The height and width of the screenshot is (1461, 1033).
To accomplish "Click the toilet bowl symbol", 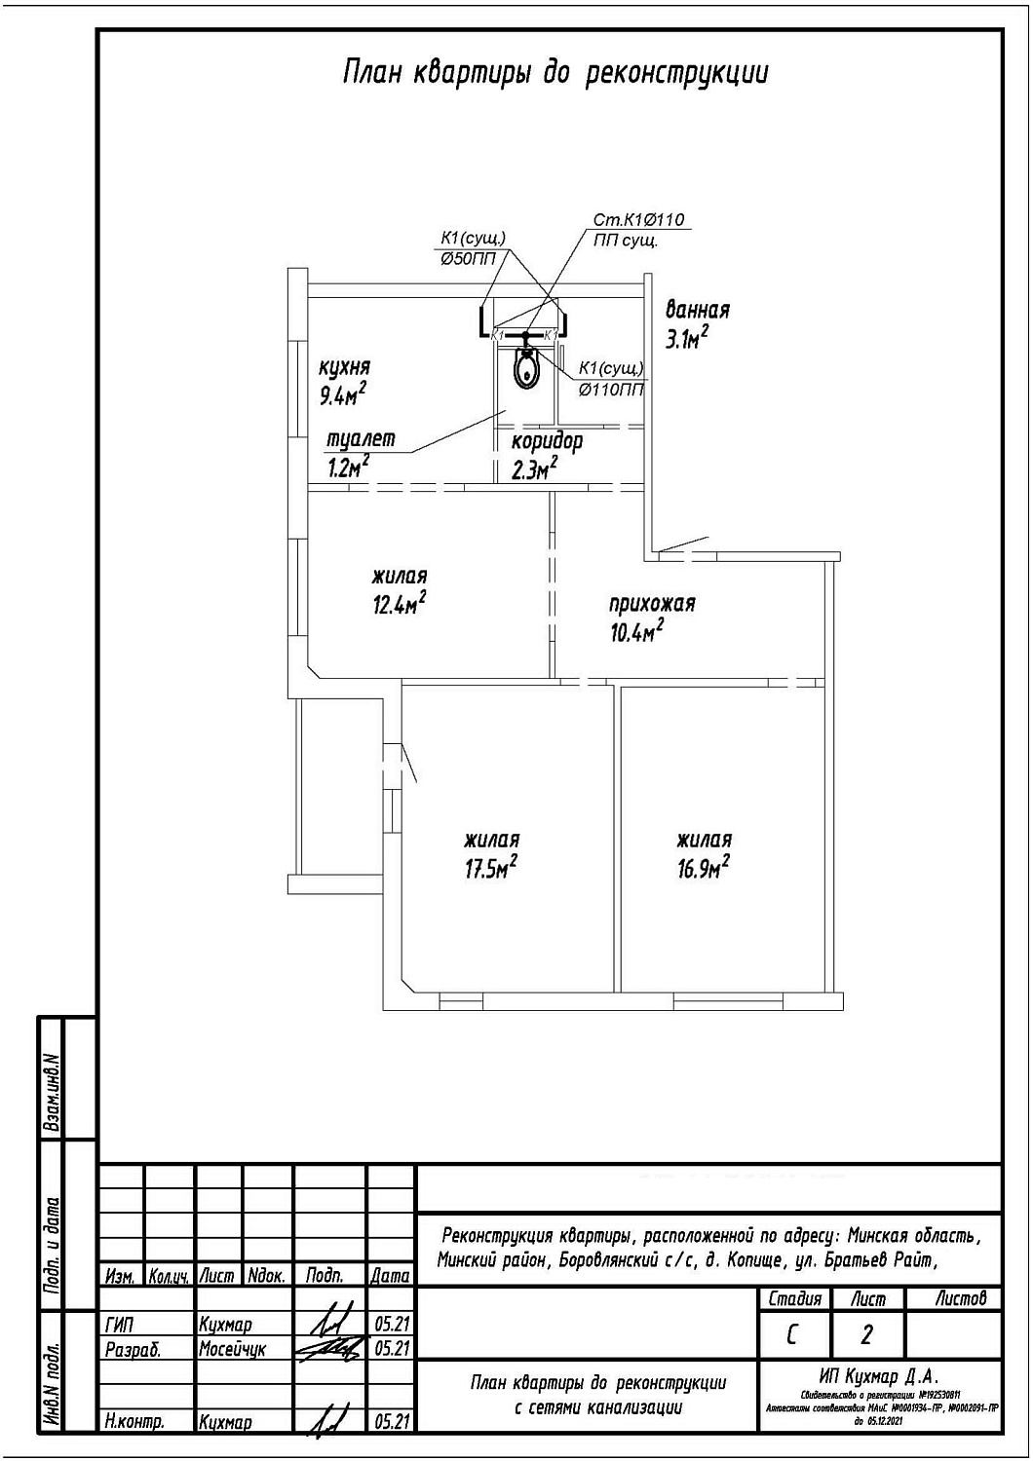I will pyautogui.click(x=526, y=369).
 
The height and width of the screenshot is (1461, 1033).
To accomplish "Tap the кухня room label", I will pyautogui.click(x=345, y=368).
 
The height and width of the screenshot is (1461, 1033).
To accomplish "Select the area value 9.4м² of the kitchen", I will pyautogui.click(x=343, y=394).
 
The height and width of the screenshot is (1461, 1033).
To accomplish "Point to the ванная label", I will pyautogui.click(x=697, y=311).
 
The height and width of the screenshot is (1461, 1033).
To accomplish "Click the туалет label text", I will pyautogui.click(x=361, y=439).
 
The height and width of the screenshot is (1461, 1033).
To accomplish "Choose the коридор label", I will pyautogui.click(x=547, y=441).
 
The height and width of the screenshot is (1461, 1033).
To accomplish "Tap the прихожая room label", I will pyautogui.click(x=652, y=603).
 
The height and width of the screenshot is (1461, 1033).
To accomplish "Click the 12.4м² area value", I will pyautogui.click(x=399, y=605).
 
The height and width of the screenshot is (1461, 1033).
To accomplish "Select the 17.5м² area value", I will pyautogui.click(x=490, y=868).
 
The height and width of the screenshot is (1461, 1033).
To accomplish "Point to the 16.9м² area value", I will pyautogui.click(x=704, y=868).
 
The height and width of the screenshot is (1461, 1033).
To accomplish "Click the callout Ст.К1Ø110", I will pyautogui.click(x=646, y=220).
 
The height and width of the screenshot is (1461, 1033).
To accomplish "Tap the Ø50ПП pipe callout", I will pyautogui.click(x=468, y=258).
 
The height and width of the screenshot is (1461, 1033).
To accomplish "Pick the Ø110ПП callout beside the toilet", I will pyautogui.click(x=611, y=390).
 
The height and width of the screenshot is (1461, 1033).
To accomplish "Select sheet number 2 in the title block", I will pyautogui.click(x=866, y=1333).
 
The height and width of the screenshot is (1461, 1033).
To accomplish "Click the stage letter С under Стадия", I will pyautogui.click(x=792, y=1333).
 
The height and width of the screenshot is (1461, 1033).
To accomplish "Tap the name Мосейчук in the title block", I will pyautogui.click(x=232, y=1349).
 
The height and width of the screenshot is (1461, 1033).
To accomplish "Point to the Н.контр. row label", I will pyautogui.click(x=134, y=1422).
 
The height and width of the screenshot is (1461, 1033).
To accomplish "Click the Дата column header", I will pyautogui.click(x=390, y=1275).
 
